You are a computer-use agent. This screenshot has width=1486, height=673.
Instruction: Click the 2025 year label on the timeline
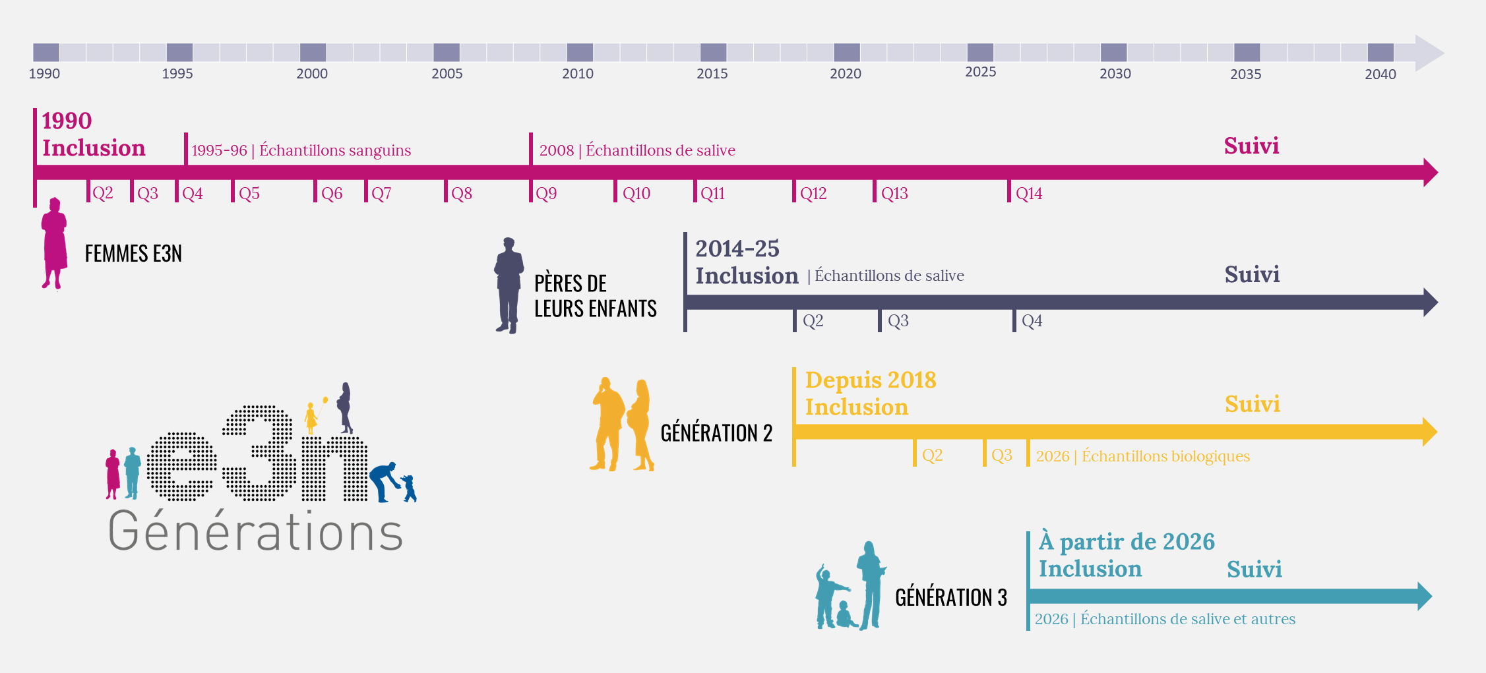[x=980, y=72]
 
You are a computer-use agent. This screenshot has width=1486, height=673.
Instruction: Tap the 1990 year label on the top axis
[x=44, y=74]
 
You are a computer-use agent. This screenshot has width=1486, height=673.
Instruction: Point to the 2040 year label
[x=1380, y=74]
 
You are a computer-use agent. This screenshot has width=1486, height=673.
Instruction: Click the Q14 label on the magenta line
[x=1028, y=194]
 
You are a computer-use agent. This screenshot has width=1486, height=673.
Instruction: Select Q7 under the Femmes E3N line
[x=381, y=194]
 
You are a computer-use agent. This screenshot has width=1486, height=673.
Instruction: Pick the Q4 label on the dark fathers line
[x=1032, y=321]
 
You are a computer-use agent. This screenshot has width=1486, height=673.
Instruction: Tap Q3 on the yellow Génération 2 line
[x=1001, y=455]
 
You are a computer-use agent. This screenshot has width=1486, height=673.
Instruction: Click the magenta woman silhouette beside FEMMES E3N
[x=54, y=244]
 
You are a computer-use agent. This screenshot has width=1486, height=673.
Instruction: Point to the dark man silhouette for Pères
[x=509, y=285]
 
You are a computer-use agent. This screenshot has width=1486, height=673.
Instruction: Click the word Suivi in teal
[x=1254, y=570]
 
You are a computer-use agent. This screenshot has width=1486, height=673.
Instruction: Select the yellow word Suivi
[x=1252, y=404]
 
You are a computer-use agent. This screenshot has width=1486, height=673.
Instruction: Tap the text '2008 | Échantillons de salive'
[x=637, y=150]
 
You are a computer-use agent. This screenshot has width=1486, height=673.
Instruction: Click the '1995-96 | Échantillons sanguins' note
[x=301, y=150]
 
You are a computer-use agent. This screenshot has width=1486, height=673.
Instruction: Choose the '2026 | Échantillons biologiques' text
[x=1142, y=456]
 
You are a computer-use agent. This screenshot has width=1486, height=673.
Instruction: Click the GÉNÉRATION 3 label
[x=950, y=597]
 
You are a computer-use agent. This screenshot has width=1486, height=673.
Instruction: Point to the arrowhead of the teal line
[x=1424, y=597]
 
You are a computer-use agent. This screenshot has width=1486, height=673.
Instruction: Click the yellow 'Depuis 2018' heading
[x=870, y=380]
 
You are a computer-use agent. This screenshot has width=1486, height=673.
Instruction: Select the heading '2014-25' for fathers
[x=737, y=249]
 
